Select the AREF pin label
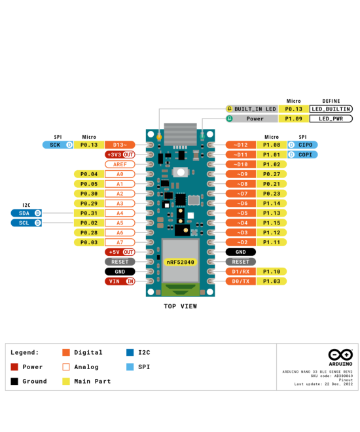[120, 164]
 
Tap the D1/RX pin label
[241, 271]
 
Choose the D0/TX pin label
[241, 281]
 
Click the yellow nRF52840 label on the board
[180, 262]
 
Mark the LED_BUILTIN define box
[331, 109]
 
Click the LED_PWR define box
[331, 118]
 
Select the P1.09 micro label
[293, 118]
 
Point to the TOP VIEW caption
[180, 306]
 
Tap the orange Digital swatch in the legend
[66, 352]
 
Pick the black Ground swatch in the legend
[14, 381]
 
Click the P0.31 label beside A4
[89, 213]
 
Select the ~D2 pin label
[241, 242]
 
